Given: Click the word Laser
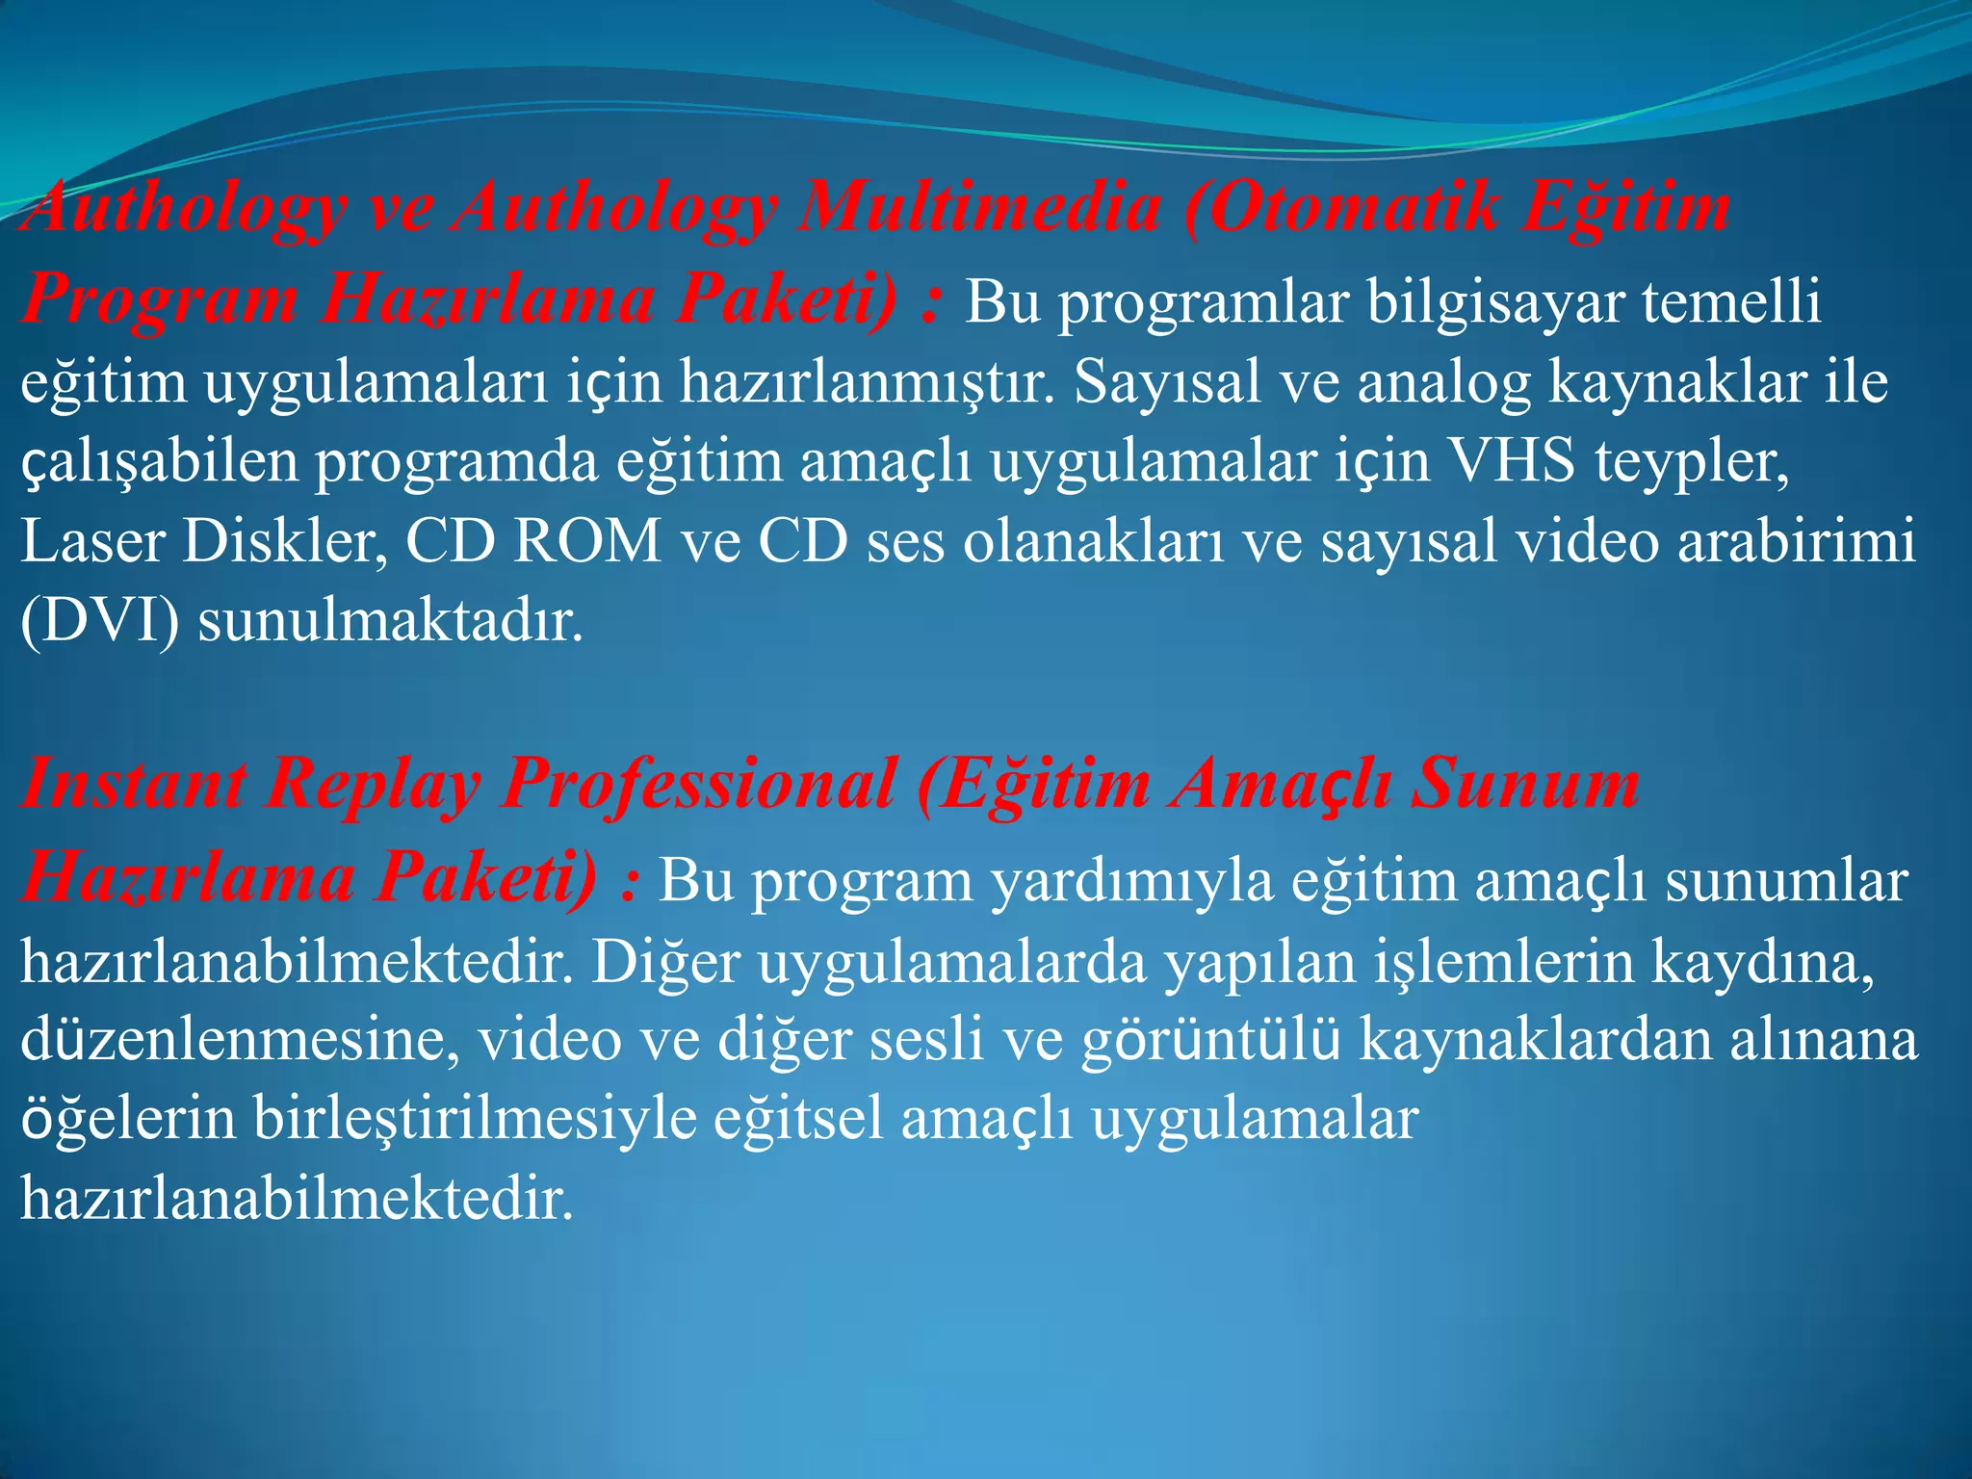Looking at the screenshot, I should tap(92, 541).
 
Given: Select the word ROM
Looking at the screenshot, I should tap(587, 541).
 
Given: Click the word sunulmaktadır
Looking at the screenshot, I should tap(390, 622).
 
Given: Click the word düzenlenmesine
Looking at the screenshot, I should tap(240, 1040).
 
